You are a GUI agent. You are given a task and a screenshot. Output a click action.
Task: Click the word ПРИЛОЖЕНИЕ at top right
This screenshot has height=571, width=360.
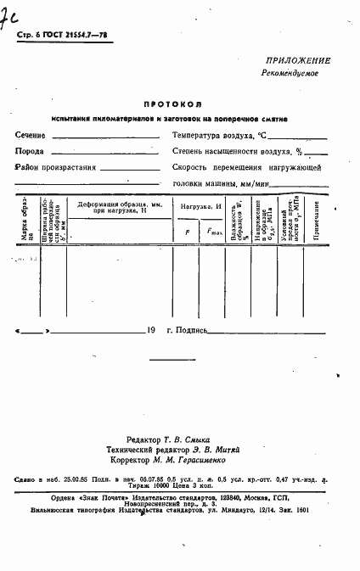(298, 61)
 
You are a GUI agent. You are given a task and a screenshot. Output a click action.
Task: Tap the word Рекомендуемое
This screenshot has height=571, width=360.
(290, 74)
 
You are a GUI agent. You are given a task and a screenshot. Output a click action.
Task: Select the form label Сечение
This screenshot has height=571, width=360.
(31, 136)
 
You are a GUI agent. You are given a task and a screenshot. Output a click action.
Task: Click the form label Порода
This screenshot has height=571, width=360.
(30, 151)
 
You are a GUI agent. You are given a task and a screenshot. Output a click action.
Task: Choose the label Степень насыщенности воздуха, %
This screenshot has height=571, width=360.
(237, 151)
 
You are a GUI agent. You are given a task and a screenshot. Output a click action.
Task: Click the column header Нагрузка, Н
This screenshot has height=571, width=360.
(200, 207)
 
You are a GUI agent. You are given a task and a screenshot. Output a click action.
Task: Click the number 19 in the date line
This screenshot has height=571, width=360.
(151, 329)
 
